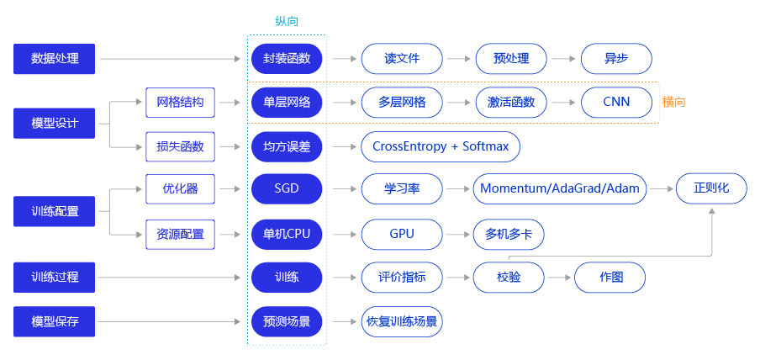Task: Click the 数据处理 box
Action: (55, 59)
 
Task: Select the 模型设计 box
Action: (55, 124)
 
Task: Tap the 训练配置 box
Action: (55, 211)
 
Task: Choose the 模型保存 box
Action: (55, 321)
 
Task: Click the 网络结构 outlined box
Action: (180, 103)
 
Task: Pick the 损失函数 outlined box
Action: (180, 146)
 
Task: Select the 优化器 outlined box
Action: (180, 189)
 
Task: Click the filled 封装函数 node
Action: (287, 59)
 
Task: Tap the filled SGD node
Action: (287, 189)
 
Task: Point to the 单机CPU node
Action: (287, 233)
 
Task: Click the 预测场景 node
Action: (287, 321)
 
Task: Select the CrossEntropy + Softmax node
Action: (441, 146)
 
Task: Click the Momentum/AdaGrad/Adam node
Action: (560, 189)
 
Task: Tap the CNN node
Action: (616, 103)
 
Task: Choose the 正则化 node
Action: (711, 189)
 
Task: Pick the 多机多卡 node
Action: (509, 233)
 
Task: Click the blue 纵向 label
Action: (287, 21)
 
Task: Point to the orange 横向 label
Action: (673, 103)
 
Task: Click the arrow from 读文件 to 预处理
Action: (458, 59)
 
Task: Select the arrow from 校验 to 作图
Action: (559, 277)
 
